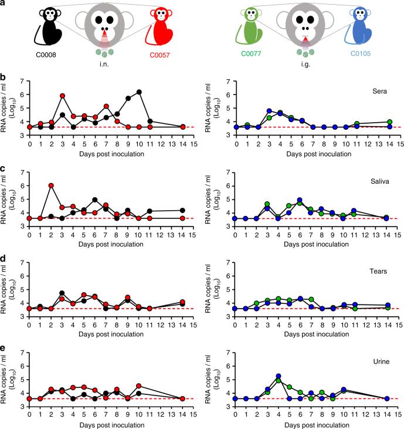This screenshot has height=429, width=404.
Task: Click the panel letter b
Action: [4, 77]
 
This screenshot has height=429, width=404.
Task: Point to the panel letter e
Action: [4, 342]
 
